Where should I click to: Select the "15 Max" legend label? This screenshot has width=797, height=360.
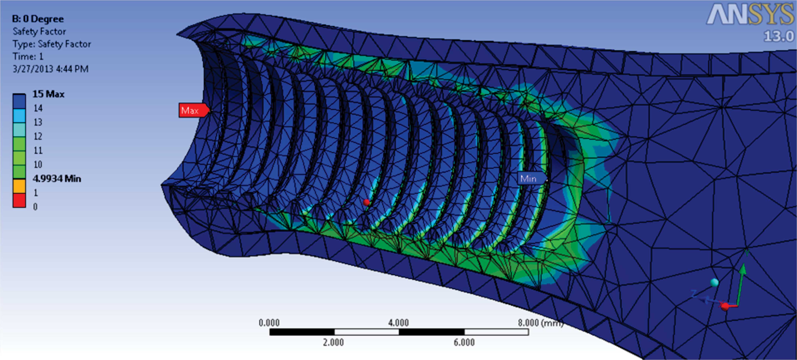(48, 94)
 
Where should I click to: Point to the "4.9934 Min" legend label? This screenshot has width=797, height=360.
(57, 179)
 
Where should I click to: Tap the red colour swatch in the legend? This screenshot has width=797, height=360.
(19, 200)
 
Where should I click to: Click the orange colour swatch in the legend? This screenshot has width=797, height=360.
(19, 186)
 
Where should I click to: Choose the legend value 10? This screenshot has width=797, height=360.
(38, 164)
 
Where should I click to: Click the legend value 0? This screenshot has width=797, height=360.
(35, 207)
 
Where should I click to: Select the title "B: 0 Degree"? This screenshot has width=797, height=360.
(38, 19)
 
